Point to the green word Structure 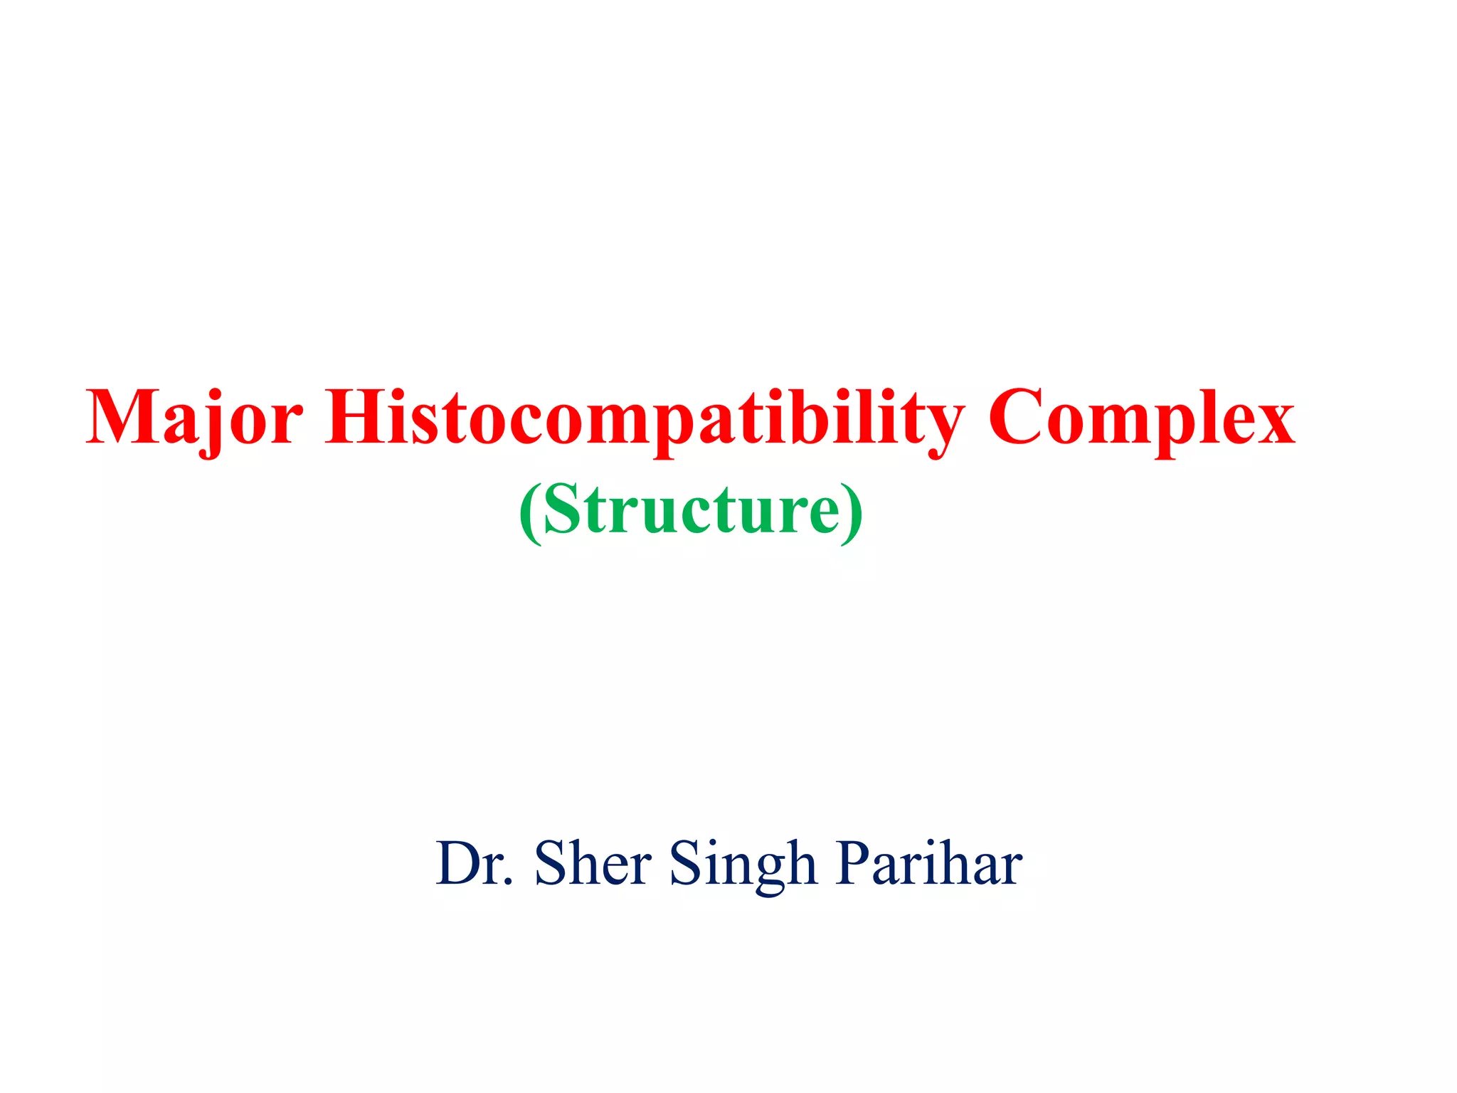point(691,509)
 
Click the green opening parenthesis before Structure point(529,511)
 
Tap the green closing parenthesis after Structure point(852,511)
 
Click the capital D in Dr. point(460,863)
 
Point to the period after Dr point(507,883)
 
